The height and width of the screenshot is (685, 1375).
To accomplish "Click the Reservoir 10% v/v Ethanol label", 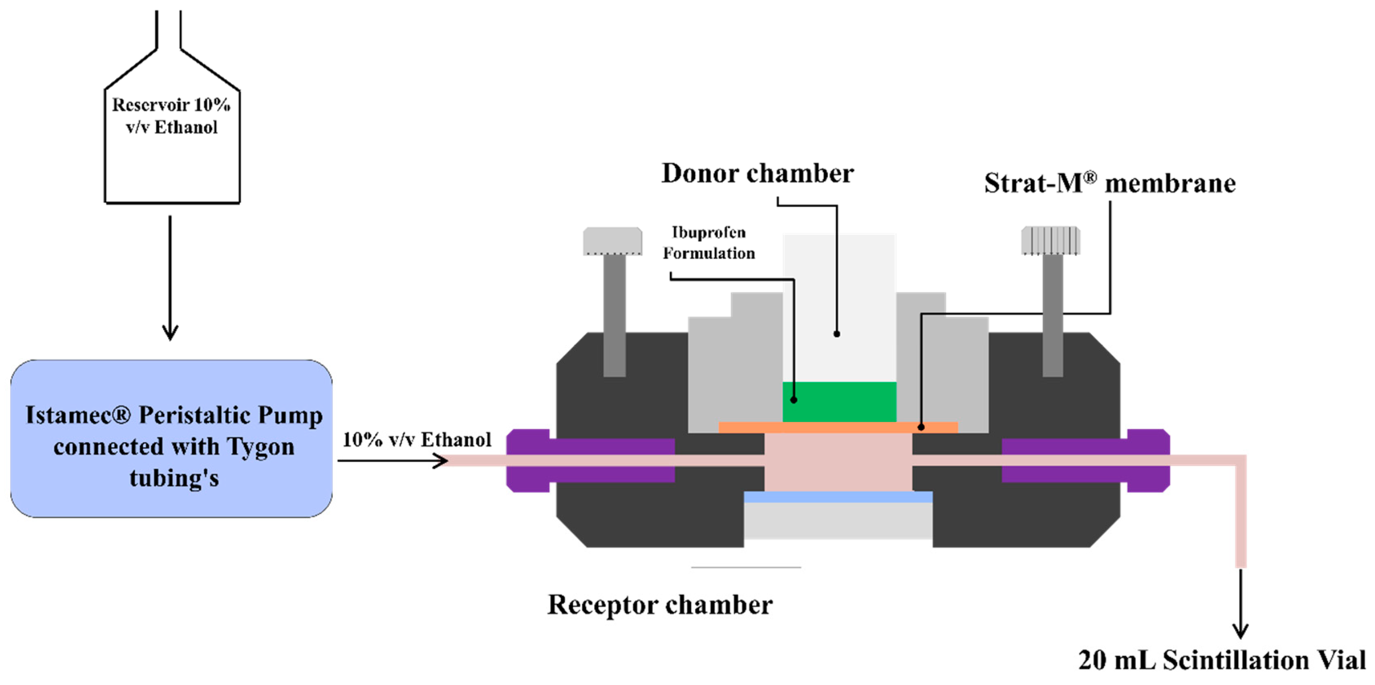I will [x=171, y=116].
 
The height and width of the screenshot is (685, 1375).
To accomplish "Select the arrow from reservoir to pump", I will [x=170, y=278].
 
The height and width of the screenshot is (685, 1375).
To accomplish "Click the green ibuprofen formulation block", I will [x=839, y=402].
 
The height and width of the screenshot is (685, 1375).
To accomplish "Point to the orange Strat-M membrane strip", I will [x=838, y=427].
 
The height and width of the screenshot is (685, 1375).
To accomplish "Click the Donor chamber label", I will [x=757, y=173].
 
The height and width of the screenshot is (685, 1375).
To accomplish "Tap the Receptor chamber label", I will [x=660, y=605].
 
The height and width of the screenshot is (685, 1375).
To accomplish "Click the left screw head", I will [x=612, y=242].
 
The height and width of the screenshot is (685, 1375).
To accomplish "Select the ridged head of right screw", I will [x=1050, y=240].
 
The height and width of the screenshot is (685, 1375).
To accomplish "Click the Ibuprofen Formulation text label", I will [x=709, y=243].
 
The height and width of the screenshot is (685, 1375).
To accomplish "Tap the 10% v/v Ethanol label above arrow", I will [x=417, y=440].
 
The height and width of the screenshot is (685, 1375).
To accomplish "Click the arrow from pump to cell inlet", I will [x=393, y=461].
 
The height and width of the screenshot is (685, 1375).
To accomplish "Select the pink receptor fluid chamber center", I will [x=838, y=462].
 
